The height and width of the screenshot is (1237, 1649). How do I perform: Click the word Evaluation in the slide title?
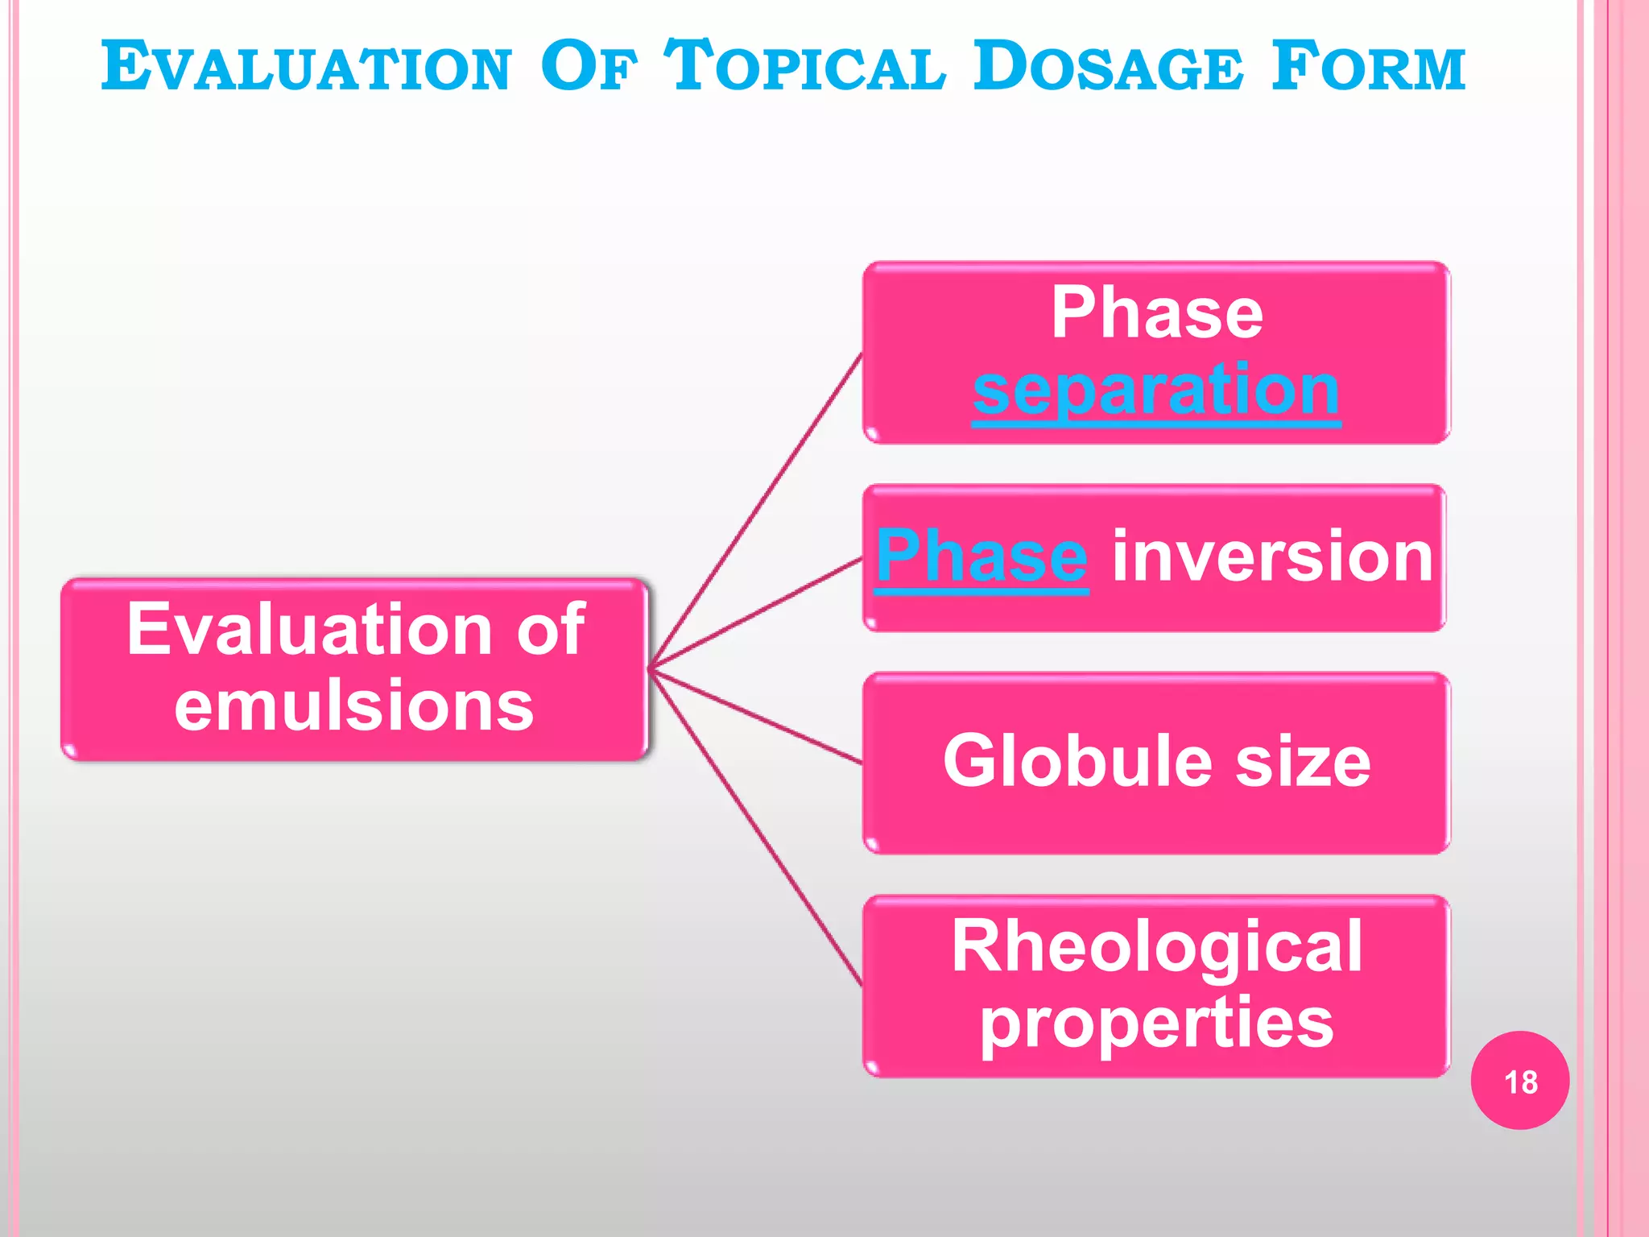click(306, 66)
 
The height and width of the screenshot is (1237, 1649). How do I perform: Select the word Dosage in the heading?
click(1107, 66)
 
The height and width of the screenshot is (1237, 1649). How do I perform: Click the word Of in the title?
click(588, 66)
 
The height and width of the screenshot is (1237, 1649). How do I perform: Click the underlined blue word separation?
click(1156, 390)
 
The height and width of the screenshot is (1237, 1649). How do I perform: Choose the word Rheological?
click(1156, 947)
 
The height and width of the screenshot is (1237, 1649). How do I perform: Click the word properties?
click(1156, 1023)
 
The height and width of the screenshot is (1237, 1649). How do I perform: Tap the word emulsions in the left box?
click(354, 705)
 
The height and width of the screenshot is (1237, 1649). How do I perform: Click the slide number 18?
click(1520, 1082)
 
